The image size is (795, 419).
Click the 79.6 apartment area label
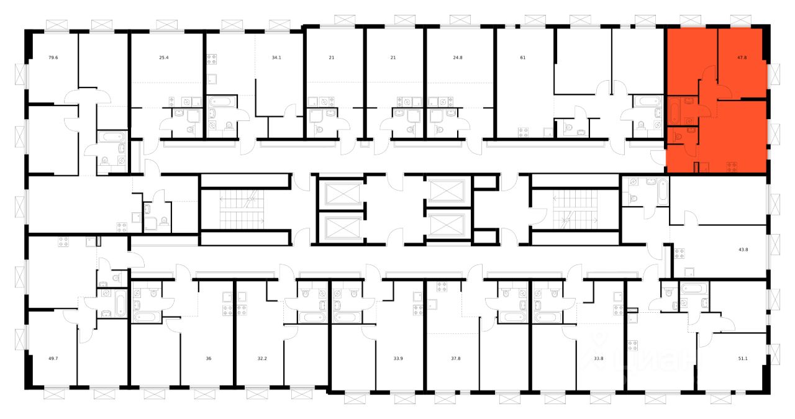pyautogui.click(x=53, y=58)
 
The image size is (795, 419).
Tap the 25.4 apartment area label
pyautogui.click(x=163, y=58)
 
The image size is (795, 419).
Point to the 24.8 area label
pyautogui.click(x=457, y=58)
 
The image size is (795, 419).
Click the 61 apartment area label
pyautogui.click(x=522, y=58)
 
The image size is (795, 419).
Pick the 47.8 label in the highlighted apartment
pyautogui.click(x=742, y=58)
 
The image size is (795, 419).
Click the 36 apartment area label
pyautogui.click(x=208, y=358)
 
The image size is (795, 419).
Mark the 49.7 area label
pyautogui.click(x=53, y=358)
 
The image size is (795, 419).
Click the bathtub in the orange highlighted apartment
pyautogui.click(x=674, y=111)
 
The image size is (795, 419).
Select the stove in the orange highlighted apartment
pyautogui.click(x=731, y=166)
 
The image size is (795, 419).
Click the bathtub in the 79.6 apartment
pyautogui.click(x=112, y=138)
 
